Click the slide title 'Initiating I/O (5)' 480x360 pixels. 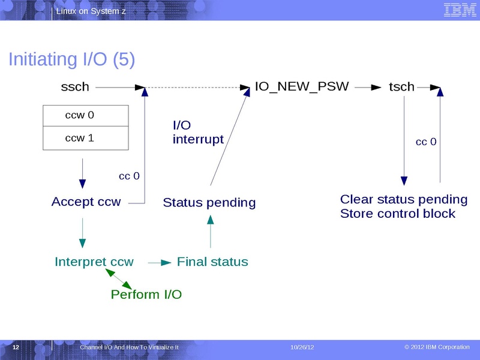coord(71,59)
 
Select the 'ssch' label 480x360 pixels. coord(75,87)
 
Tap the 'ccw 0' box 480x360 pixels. coord(86,116)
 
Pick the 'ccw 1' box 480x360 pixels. coord(86,139)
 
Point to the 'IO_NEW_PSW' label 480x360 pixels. coord(302,86)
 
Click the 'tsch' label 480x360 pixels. coord(401,87)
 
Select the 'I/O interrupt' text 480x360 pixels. coord(198,133)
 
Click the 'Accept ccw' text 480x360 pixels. coord(86,202)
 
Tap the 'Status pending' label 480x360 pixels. coord(209,203)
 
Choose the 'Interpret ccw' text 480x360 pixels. coord(94,262)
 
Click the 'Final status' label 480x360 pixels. coord(212,262)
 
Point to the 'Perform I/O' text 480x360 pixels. coord(146,295)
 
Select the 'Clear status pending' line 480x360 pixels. coord(404,199)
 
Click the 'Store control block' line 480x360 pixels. coord(398,214)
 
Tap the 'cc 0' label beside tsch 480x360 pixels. coord(426,142)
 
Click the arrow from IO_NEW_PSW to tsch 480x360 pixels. coord(368,87)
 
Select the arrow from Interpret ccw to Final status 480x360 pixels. coord(159,262)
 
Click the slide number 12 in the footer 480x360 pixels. coord(16,348)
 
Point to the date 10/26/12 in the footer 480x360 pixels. coord(302,348)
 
